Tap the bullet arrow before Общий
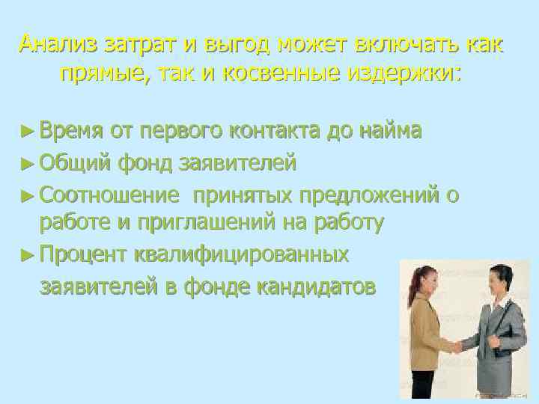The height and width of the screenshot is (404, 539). (x=28, y=162)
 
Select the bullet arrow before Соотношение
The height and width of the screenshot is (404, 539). (x=28, y=196)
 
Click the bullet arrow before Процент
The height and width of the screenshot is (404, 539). (x=28, y=254)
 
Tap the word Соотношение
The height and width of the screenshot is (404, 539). (x=110, y=195)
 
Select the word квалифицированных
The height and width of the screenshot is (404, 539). (x=241, y=254)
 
